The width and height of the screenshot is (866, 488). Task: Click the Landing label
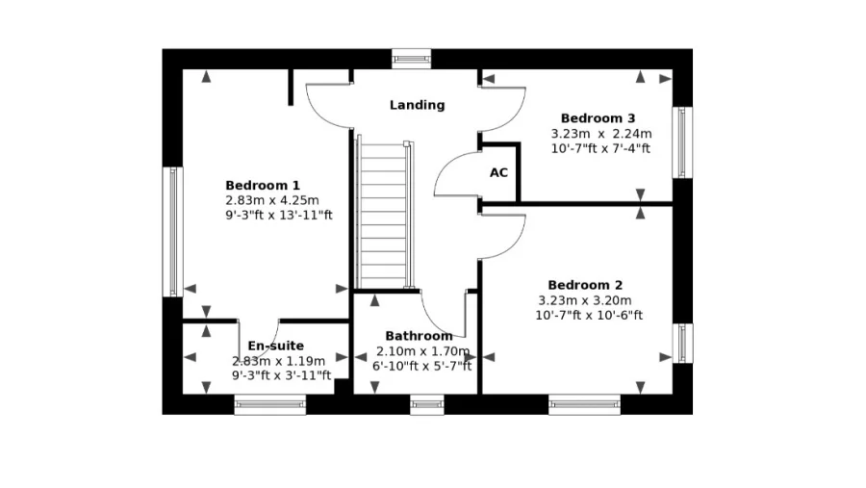tap(417, 105)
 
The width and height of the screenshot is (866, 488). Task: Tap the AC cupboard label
tap(498, 173)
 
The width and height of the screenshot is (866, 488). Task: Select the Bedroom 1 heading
tap(263, 185)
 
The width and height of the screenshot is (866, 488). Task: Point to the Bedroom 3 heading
tap(599, 118)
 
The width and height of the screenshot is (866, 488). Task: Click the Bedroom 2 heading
tap(585, 285)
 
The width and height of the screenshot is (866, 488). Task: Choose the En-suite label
tap(275, 346)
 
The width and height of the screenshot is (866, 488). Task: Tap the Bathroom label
tap(419, 336)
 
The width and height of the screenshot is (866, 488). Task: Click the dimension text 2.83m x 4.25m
tap(272, 200)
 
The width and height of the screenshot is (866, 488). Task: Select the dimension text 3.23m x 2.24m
tap(601, 134)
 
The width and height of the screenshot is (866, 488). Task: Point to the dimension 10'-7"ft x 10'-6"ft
tap(589, 316)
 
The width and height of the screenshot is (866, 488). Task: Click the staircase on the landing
tap(384, 215)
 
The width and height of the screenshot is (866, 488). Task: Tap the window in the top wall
tap(412, 59)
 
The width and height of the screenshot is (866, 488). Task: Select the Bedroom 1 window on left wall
tap(173, 232)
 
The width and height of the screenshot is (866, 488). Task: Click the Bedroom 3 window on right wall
tap(682, 142)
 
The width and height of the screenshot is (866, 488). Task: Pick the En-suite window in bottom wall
tap(270, 404)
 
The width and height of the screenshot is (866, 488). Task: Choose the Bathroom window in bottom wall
tap(427, 404)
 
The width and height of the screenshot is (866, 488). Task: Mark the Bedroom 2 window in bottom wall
tap(584, 404)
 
